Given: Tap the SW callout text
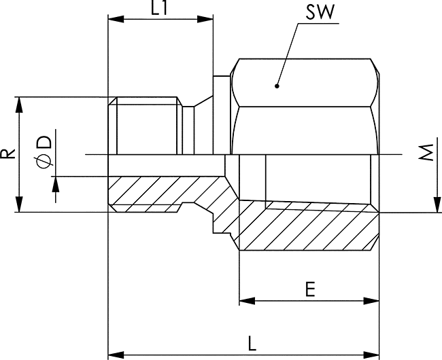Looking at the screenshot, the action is (x=320, y=12).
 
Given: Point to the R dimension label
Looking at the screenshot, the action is (x=7, y=154).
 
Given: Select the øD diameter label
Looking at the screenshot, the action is (x=44, y=152).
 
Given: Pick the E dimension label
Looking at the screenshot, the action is (x=310, y=289).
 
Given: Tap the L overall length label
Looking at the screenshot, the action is (x=252, y=343).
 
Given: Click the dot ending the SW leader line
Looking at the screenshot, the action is (x=277, y=86).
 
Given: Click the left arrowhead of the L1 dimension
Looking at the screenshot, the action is (x=116, y=19).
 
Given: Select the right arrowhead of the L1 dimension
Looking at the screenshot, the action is (x=205, y=19).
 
